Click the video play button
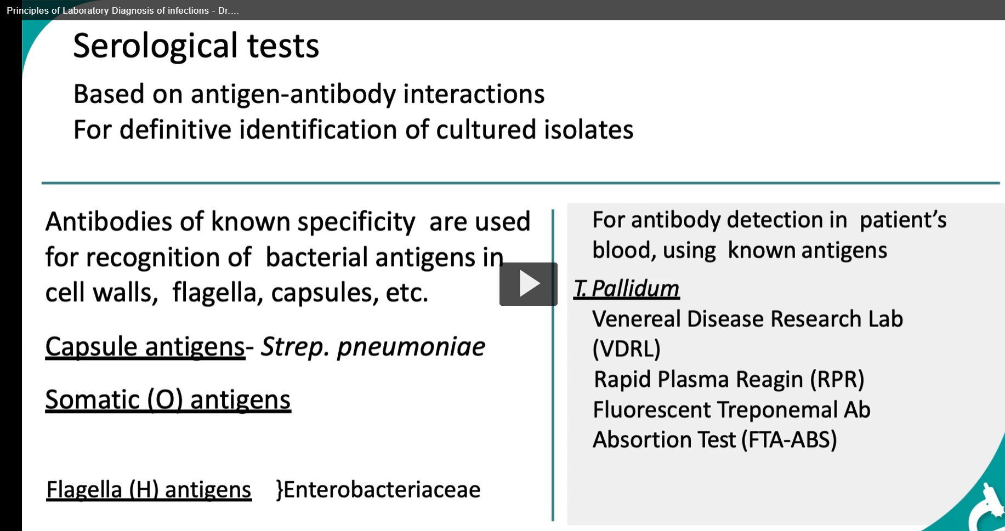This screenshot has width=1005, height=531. (x=528, y=284)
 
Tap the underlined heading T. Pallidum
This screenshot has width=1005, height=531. (x=626, y=289)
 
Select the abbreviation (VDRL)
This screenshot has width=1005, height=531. (x=627, y=349)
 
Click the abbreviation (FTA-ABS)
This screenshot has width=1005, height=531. (x=790, y=439)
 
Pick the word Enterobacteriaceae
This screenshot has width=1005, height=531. (x=382, y=489)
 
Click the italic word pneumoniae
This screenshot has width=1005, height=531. (x=411, y=347)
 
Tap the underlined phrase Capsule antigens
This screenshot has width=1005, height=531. (x=145, y=347)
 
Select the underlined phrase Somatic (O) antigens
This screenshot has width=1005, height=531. (x=168, y=399)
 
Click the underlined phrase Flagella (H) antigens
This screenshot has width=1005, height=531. (x=149, y=489)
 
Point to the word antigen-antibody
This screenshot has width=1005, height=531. (x=293, y=94)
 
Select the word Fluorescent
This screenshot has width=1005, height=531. (x=651, y=410)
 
